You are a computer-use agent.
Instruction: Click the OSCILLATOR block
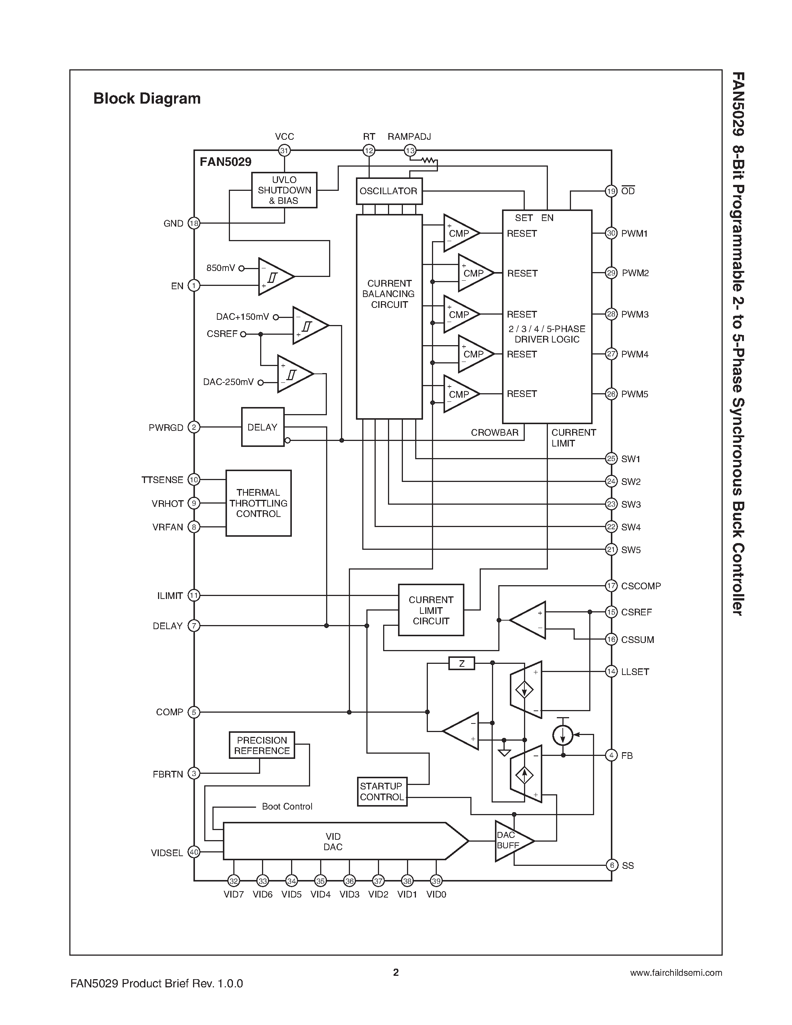click(388, 191)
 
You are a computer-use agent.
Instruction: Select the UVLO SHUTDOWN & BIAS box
click(284, 190)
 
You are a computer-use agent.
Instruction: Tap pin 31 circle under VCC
click(284, 151)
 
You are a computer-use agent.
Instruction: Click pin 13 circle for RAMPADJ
click(410, 151)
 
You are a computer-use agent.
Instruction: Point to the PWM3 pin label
click(634, 315)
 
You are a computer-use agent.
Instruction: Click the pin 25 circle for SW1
click(611, 458)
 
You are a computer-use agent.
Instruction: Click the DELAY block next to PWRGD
click(262, 427)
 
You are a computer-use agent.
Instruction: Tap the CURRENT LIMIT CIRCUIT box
click(431, 610)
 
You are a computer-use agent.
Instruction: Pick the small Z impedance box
click(462, 663)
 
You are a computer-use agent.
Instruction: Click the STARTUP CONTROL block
click(382, 792)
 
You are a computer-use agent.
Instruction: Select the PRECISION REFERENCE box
click(262, 745)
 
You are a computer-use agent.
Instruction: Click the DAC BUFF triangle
click(511, 840)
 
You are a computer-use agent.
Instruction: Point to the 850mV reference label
click(221, 268)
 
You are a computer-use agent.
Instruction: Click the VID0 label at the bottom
click(436, 895)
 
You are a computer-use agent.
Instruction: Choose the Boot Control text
click(287, 806)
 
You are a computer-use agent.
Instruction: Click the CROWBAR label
click(495, 433)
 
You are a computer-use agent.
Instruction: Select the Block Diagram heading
click(147, 98)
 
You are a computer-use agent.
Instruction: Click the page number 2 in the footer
click(395, 972)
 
